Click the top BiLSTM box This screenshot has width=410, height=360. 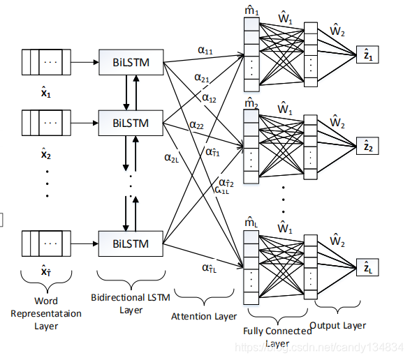tap(131, 61)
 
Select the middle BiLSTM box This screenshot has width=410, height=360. tap(131, 123)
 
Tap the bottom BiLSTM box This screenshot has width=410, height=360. tap(131, 245)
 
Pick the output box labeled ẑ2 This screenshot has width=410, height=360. tap(367, 147)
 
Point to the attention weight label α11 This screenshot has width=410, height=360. tap(206, 50)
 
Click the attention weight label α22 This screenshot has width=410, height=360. tap(196, 126)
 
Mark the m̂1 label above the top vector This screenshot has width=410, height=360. tap(251, 10)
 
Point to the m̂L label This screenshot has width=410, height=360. tap(251, 223)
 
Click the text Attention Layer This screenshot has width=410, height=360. tap(204, 316)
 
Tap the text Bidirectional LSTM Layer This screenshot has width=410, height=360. tap(131, 303)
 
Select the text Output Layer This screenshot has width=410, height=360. tap(337, 325)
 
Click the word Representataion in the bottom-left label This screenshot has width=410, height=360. tap(45, 313)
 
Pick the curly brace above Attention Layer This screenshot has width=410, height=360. tap(203, 300)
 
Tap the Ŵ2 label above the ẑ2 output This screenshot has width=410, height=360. tap(337, 122)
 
